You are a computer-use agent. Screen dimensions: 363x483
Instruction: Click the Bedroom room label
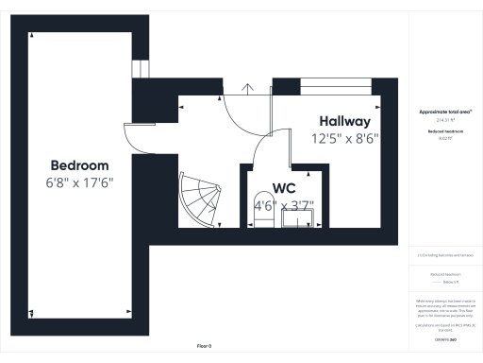point(79,164)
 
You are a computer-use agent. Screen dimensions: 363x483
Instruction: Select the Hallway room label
point(344,122)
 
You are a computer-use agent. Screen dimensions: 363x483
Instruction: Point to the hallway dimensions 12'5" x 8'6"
point(344,138)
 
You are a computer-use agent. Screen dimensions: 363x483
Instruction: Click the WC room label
point(285,187)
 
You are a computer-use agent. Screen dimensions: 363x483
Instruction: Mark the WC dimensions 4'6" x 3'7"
point(285,203)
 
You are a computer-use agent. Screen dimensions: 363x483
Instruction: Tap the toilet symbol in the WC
point(262,213)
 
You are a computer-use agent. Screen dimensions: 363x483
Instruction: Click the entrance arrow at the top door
point(249,89)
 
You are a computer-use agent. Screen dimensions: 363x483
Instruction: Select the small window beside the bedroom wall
point(141,71)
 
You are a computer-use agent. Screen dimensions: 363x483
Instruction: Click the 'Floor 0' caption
point(204,347)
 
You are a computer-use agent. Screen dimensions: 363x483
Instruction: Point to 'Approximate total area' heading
point(444,112)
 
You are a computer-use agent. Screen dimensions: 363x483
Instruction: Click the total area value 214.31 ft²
point(444,120)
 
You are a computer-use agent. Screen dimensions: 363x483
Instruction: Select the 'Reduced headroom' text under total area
point(444,130)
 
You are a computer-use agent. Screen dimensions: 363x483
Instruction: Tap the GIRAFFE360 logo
point(444,339)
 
